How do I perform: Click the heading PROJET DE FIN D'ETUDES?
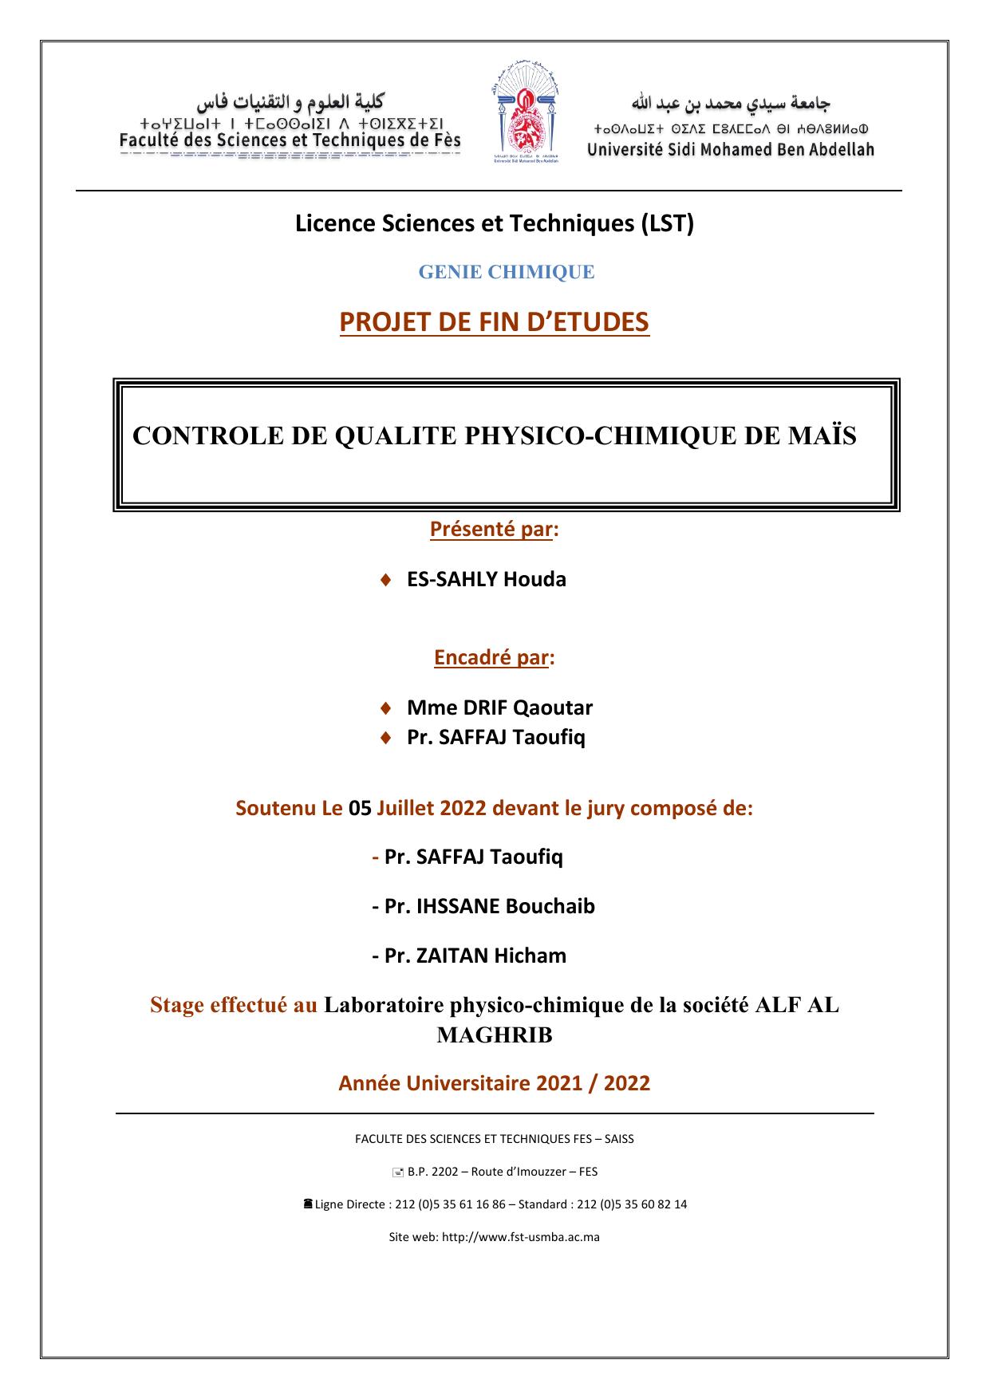[x=495, y=322]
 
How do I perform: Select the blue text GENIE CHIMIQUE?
[x=507, y=272]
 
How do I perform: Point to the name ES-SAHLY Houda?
[x=486, y=579]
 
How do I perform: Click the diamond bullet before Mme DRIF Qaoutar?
[x=386, y=707]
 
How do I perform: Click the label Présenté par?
[x=491, y=529]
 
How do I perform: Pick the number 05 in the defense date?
[x=361, y=808]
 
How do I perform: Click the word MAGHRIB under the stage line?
[x=495, y=1035]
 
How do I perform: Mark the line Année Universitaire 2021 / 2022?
[x=495, y=1083]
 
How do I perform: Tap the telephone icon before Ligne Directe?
[x=308, y=1204]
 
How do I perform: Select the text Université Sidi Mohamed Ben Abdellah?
[x=730, y=149]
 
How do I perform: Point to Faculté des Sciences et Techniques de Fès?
[x=290, y=140]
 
